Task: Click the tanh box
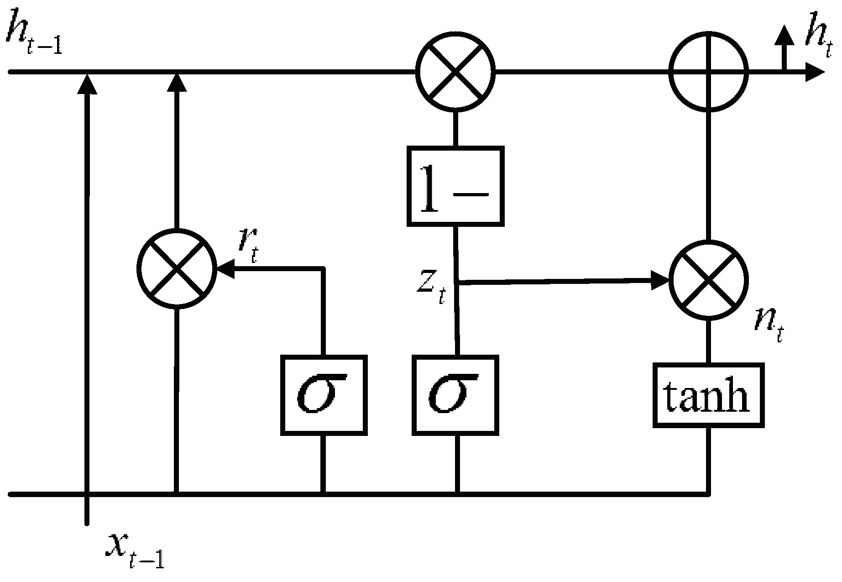(x=708, y=395)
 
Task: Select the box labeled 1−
(x=455, y=186)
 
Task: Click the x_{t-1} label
(x=135, y=550)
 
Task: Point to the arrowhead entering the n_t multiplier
(x=660, y=280)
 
